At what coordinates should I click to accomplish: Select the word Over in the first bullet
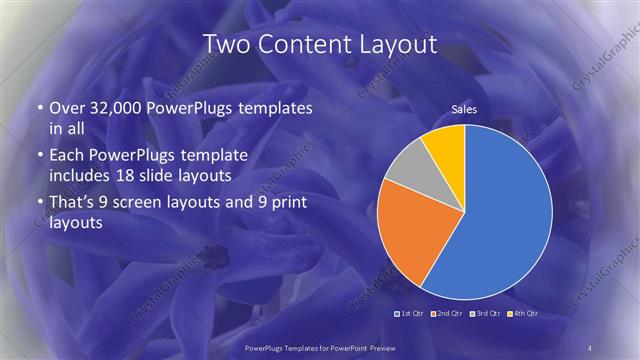click(x=66, y=108)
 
